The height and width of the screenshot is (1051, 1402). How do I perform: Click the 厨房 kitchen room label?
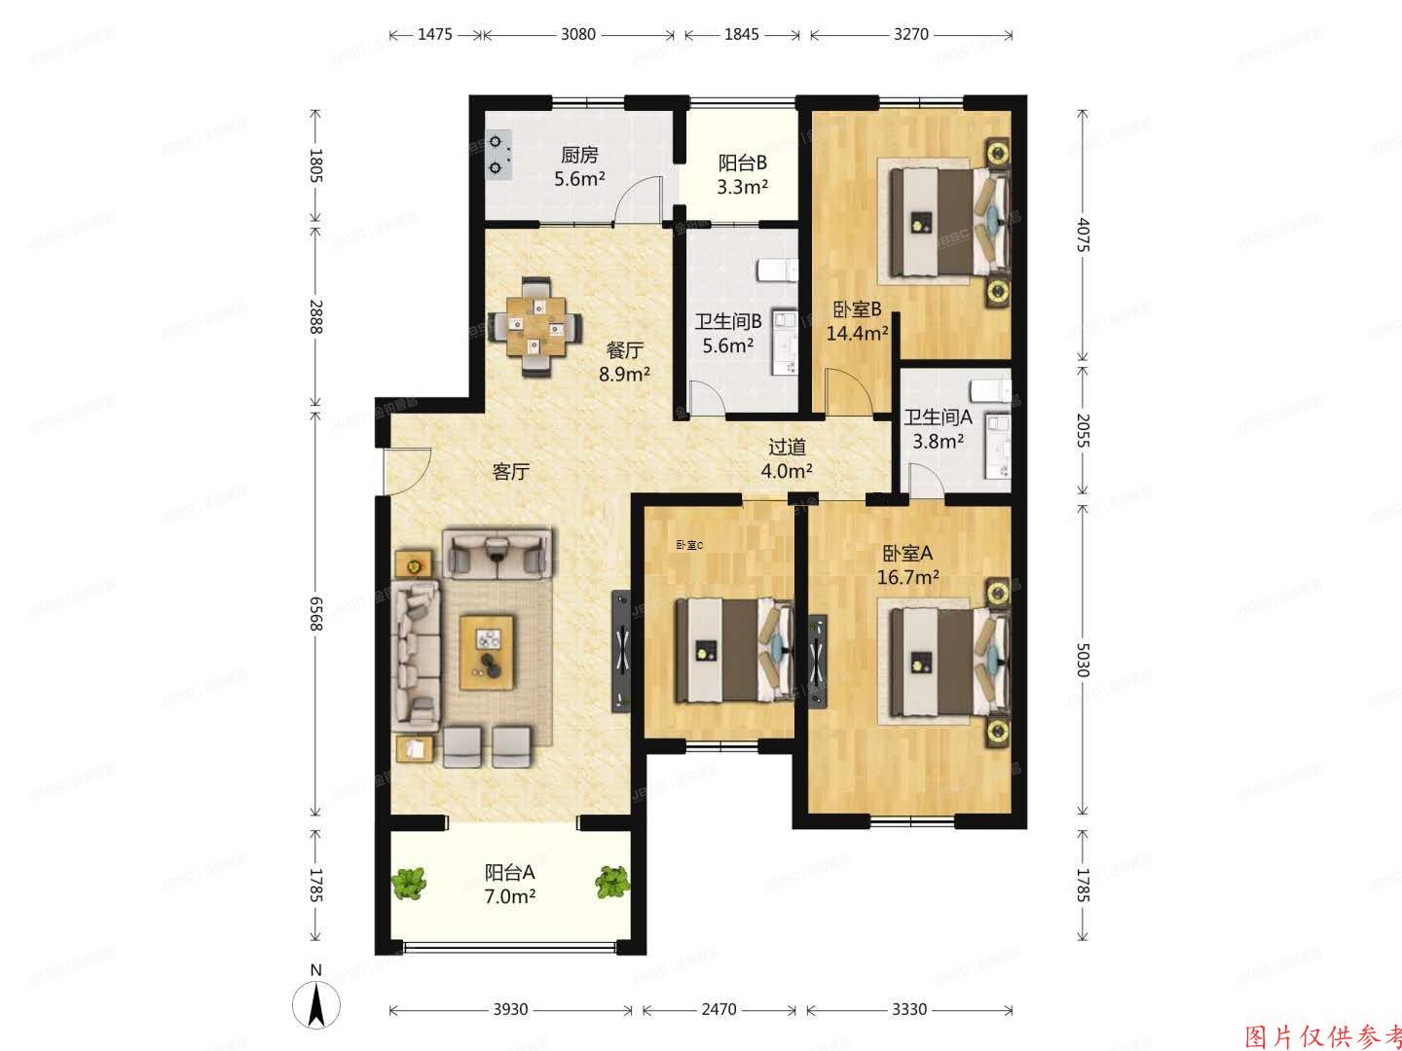pyautogui.click(x=578, y=155)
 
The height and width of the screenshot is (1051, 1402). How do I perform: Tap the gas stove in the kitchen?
pyautogui.click(x=498, y=156)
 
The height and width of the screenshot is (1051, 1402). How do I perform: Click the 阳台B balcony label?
pyautogui.click(x=742, y=163)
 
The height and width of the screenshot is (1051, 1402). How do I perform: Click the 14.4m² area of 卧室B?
pyautogui.click(x=857, y=334)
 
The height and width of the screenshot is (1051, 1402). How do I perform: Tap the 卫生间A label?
pyautogui.click(x=938, y=417)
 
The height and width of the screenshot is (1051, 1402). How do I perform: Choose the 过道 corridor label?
pyautogui.click(x=787, y=447)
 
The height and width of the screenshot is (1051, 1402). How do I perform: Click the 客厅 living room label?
pyautogui.click(x=510, y=472)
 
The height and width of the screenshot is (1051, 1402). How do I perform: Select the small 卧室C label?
pyautogui.click(x=689, y=545)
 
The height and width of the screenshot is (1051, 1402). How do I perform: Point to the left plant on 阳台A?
pyautogui.click(x=409, y=882)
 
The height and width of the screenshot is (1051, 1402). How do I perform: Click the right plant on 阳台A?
pyautogui.click(x=612, y=882)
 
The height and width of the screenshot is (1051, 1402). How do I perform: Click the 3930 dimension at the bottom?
pyautogui.click(x=509, y=1009)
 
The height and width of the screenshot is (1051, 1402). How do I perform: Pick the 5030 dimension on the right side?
pyautogui.click(x=1082, y=659)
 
